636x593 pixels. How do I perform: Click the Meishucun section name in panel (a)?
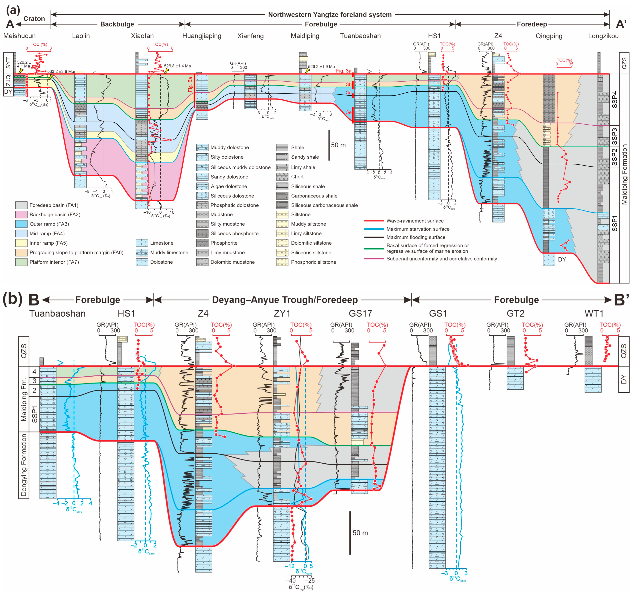click(19, 36)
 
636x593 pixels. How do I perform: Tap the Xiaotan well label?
click(142, 36)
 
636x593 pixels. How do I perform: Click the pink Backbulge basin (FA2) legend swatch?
click(21, 214)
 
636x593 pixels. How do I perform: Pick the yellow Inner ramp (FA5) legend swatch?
click(21, 243)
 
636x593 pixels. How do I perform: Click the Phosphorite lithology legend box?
click(202, 243)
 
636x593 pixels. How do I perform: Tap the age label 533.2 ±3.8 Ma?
click(61, 71)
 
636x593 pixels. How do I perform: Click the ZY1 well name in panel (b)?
click(282, 313)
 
